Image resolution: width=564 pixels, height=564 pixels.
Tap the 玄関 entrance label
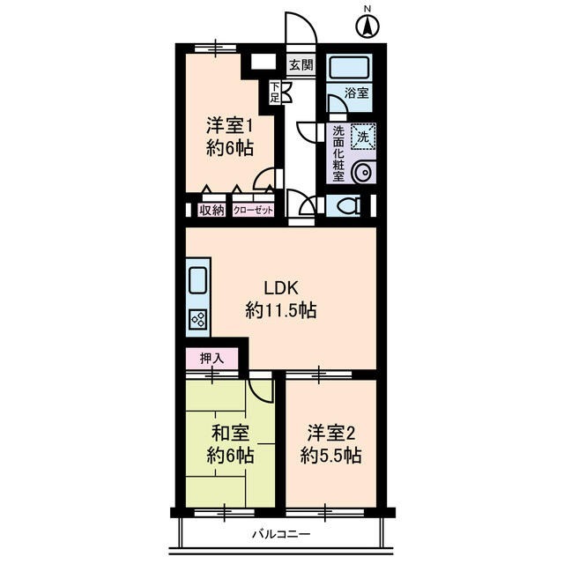click(x=301, y=64)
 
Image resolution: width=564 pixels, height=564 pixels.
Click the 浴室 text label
click(x=356, y=93)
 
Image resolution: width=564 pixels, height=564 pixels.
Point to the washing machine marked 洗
click(x=361, y=136)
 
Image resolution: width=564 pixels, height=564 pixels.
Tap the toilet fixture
click(x=346, y=206)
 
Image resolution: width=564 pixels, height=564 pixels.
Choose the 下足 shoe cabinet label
click(x=275, y=91)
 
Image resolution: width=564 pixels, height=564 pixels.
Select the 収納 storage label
click(x=211, y=210)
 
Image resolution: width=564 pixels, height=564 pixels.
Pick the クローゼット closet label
click(x=254, y=210)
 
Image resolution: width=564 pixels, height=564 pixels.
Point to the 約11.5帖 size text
click(x=282, y=310)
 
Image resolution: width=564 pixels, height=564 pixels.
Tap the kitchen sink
click(x=197, y=280)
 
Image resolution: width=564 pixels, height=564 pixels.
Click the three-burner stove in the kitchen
click(x=197, y=320)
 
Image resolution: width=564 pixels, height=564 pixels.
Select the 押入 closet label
click(x=211, y=359)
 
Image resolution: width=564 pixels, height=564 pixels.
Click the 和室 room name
click(x=230, y=433)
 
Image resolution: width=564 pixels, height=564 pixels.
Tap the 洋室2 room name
click(x=330, y=433)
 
